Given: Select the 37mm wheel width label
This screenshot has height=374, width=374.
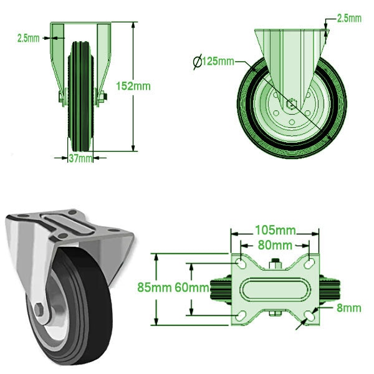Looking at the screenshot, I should [80, 158].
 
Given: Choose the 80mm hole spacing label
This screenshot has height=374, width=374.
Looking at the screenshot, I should [275, 244].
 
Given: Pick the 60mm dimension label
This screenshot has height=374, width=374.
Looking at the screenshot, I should [191, 287].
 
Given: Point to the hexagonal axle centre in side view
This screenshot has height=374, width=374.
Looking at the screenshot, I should [292, 103].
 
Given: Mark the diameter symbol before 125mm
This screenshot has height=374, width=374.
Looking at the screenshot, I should [197, 61].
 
